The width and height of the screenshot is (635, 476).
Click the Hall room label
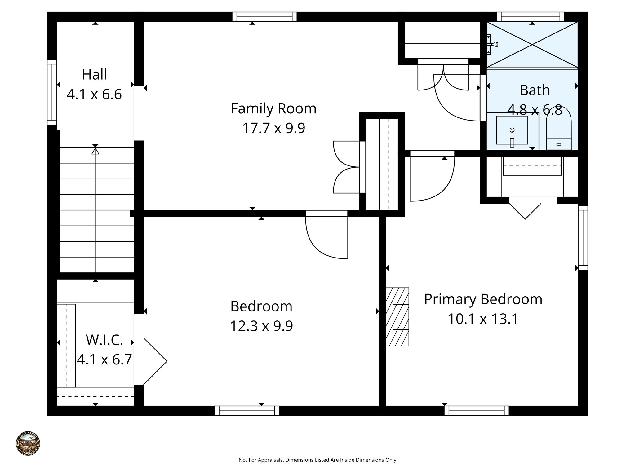[94, 75]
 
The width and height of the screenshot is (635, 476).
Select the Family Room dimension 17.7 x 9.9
[273, 128]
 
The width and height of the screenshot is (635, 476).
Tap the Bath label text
[535, 90]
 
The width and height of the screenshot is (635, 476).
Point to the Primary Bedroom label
[483, 299]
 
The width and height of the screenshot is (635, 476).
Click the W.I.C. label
[104, 340]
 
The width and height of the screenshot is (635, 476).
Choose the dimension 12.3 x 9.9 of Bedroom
[261, 326]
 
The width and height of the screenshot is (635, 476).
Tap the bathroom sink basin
[512, 130]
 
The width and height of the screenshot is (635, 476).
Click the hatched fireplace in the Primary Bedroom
[397, 316]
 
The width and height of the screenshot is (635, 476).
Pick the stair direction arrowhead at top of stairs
[95, 151]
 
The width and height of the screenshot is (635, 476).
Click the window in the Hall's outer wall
[52, 92]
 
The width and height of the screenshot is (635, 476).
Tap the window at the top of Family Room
[264, 17]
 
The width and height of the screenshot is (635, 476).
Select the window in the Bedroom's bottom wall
[247, 411]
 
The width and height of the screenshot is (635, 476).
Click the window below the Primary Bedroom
[476, 411]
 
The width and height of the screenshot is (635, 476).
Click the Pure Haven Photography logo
[28, 444]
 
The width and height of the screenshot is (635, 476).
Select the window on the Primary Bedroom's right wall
[583, 238]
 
